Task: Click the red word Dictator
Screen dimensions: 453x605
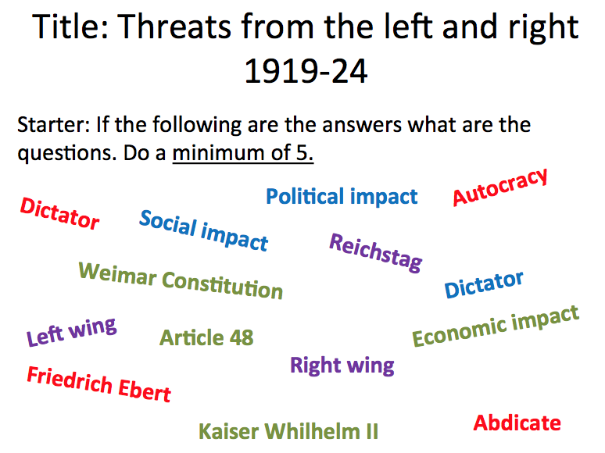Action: point(60,213)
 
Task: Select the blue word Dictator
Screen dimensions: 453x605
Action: point(484,284)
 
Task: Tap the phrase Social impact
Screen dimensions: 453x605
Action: point(203,230)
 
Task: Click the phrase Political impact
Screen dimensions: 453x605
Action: point(342,197)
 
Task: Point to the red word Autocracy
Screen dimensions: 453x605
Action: point(500,187)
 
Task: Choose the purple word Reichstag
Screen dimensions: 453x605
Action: point(376,252)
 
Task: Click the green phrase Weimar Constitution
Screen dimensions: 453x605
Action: point(181,281)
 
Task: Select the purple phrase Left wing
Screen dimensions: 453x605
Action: point(71,332)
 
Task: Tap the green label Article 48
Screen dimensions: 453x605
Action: point(206,337)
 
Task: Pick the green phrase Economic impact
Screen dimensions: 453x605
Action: point(496,326)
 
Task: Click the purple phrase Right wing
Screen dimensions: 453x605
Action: point(342,365)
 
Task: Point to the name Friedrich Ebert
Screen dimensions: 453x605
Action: point(98,383)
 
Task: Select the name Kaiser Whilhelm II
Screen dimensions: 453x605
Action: point(288,430)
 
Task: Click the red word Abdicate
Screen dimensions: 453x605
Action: point(517,423)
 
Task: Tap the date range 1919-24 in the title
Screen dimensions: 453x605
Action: point(306,72)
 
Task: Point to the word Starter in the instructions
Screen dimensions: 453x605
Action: point(48,125)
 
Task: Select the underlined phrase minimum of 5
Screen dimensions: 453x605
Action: point(243,152)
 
